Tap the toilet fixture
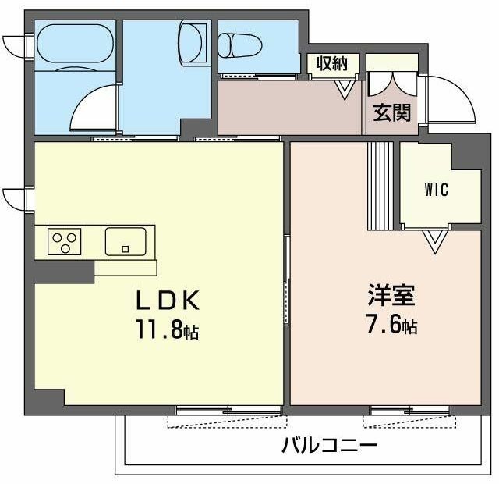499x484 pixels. [240, 45]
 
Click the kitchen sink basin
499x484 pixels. [126, 241]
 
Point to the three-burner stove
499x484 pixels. [64, 241]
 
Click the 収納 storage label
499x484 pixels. [331, 63]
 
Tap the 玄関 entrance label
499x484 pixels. [391, 112]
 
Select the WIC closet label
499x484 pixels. [437, 190]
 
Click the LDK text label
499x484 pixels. [168, 300]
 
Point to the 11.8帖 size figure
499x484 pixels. [168, 329]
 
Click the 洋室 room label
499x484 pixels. [391, 295]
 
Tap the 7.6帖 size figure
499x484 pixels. [391, 324]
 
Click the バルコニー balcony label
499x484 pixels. [330, 445]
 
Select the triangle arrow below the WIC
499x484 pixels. [435, 241]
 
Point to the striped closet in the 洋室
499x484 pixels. [380, 186]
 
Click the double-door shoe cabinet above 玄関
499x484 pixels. [392, 84]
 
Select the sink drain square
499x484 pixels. [126, 249]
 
